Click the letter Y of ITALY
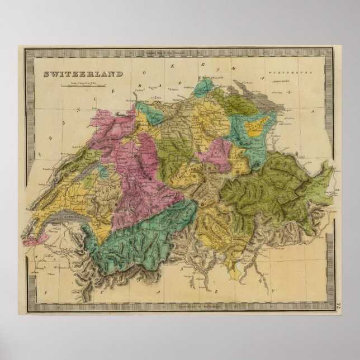tap(274, 291)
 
